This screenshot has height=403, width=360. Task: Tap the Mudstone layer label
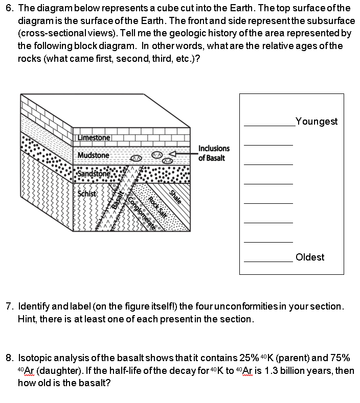[x=93, y=155]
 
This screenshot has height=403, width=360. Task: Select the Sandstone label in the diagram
[x=94, y=173]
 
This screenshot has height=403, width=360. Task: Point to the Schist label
[x=87, y=194]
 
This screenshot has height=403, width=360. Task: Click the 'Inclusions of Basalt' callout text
[x=214, y=153]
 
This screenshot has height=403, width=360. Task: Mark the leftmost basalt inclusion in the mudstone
[x=136, y=159]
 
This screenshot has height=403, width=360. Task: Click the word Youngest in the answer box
[x=316, y=121]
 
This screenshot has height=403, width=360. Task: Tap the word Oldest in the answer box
[x=310, y=257]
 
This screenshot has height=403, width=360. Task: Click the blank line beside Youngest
[x=269, y=125]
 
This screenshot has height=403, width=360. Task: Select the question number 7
[x=9, y=306]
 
